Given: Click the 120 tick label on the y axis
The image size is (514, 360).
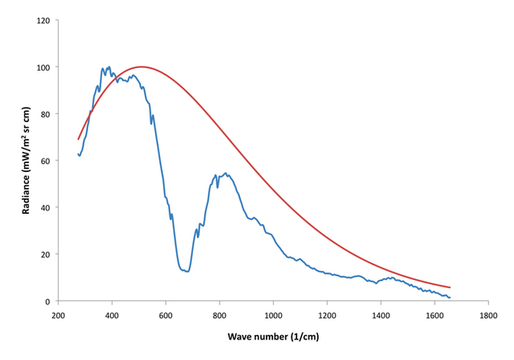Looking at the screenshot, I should [42, 20].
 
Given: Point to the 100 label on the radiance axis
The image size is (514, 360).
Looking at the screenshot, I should [42, 67].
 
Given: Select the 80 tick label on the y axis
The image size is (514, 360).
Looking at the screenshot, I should [44, 114].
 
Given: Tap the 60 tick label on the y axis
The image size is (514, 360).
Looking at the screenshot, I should [44, 161].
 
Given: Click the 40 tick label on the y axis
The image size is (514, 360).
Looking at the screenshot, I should [44, 208].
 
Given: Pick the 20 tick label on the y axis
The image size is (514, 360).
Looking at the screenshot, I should [44, 255].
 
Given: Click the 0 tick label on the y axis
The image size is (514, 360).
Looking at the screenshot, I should [47, 302].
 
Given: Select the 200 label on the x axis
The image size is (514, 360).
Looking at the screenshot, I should [58, 316].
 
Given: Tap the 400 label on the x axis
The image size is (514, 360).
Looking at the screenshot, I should [112, 316].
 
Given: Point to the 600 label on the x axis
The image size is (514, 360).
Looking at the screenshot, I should [165, 316].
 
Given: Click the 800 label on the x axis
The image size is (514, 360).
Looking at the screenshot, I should [219, 316].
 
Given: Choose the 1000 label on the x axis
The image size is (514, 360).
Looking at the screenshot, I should [273, 316].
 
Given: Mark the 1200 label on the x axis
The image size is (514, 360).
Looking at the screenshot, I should [327, 316].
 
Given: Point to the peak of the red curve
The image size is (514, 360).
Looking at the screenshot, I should [141, 67].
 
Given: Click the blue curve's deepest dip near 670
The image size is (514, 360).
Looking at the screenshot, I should [186, 272].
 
